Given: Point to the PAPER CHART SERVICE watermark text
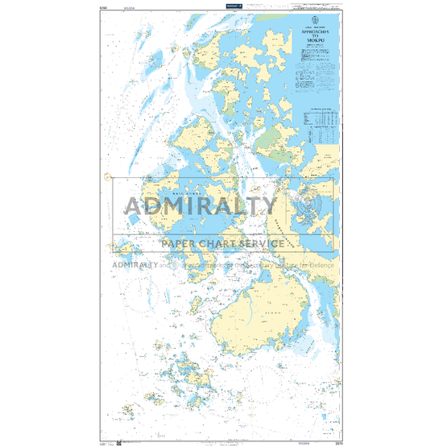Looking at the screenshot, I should coord(223,243).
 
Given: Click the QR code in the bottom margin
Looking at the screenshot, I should coord(118,442).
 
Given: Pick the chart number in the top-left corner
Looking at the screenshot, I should coord(101,6).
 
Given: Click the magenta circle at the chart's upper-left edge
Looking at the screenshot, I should coord(106,177).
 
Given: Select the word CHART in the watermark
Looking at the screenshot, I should coord(222,243).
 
